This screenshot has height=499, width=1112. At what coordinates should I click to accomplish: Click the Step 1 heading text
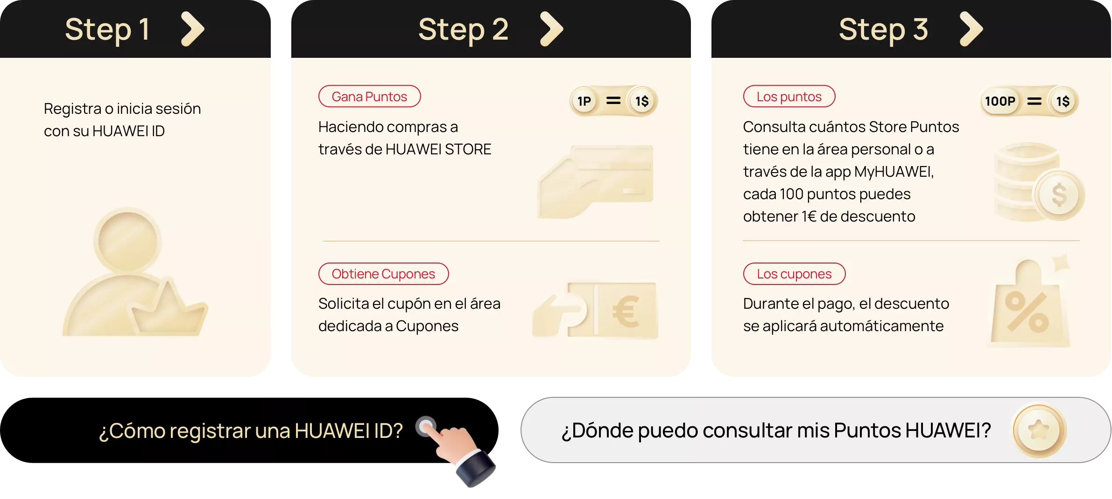[107, 29]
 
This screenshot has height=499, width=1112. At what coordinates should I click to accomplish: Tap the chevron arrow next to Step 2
[551, 29]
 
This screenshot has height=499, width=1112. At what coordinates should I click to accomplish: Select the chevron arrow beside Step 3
[971, 29]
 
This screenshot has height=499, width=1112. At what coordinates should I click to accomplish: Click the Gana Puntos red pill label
[369, 96]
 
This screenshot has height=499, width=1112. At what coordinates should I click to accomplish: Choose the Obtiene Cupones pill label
[383, 274]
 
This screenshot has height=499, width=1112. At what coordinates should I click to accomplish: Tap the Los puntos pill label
[789, 96]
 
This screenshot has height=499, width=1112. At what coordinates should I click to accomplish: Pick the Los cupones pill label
[794, 274]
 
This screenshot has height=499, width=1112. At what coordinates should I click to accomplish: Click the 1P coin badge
[584, 101]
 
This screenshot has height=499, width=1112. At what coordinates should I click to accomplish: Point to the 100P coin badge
[1000, 101]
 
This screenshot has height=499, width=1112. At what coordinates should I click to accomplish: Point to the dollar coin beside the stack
[1059, 195]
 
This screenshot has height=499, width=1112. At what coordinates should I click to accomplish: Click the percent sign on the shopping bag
[1027, 312]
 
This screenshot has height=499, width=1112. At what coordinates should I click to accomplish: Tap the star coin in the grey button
[1039, 430]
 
